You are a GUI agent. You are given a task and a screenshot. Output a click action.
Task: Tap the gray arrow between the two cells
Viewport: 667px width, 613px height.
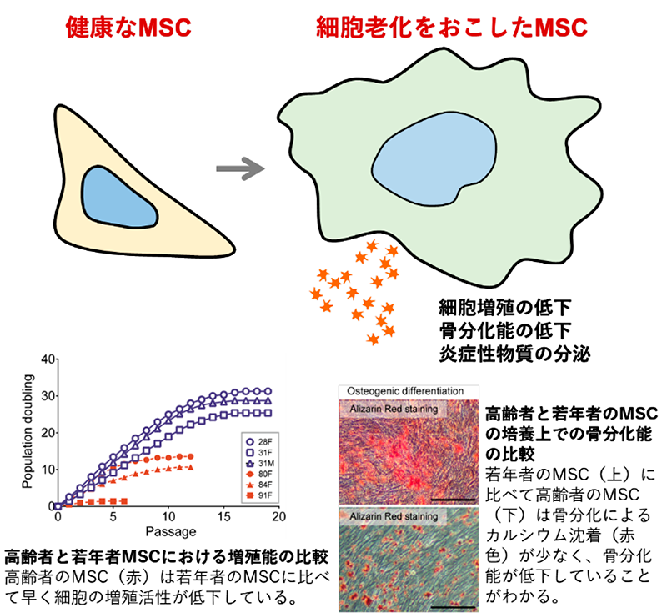(x=240, y=168)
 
